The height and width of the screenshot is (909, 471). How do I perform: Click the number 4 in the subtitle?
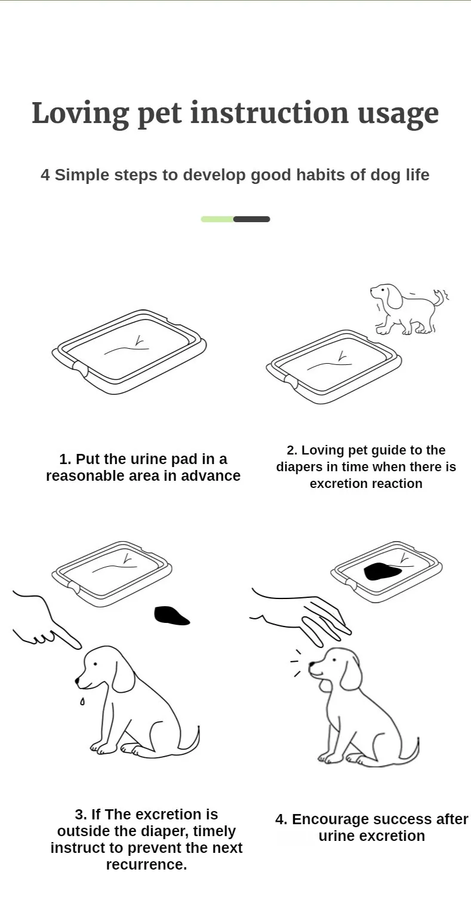pyautogui.click(x=45, y=175)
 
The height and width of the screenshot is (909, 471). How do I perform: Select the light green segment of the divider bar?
pyautogui.click(x=217, y=219)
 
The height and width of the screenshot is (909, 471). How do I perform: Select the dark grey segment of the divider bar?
pyautogui.click(x=251, y=219)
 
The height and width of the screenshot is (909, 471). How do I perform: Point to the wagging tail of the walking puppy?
pyautogui.click(x=440, y=298)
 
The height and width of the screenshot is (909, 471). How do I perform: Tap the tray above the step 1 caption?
pyautogui.click(x=129, y=351)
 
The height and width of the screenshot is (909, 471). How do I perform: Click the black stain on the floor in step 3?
pyautogui.click(x=171, y=615)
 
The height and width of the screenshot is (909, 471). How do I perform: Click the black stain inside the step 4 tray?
pyautogui.click(x=381, y=572)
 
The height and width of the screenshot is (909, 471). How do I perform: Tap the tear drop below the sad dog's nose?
pyautogui.click(x=82, y=701)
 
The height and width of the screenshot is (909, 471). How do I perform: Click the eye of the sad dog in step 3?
pyautogui.click(x=96, y=664)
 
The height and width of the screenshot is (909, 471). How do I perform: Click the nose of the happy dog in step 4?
pyautogui.click(x=312, y=664)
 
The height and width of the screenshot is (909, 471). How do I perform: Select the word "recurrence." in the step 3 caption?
pyautogui.click(x=146, y=865)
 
